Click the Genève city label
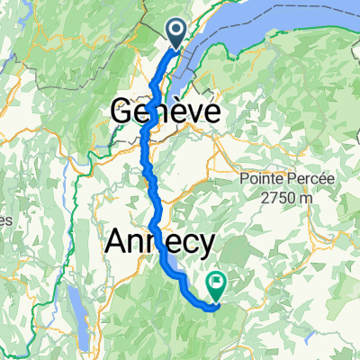pos(166,112)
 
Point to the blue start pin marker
pos(176,34)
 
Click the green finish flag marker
pos(217,285)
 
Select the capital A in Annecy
pos(118,240)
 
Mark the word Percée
pos(296,178)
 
